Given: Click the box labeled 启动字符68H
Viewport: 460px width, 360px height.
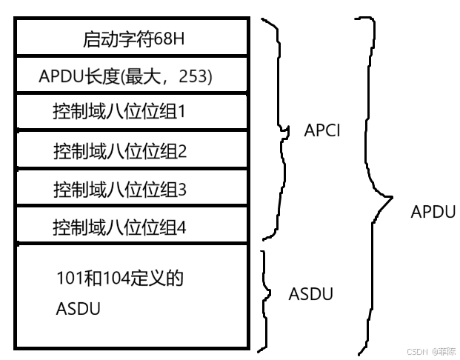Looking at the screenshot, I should coord(131,36).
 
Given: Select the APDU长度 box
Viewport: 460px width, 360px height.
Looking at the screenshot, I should coord(131,75).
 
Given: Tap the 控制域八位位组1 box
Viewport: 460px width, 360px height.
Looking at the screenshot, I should coord(131,113).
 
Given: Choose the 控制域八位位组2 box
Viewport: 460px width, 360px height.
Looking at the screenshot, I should coord(131,151).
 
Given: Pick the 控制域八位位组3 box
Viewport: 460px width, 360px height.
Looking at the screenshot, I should coord(131,189).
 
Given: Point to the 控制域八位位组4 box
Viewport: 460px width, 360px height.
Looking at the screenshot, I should coord(131,225).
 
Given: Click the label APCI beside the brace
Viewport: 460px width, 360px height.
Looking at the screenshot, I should coord(321,130).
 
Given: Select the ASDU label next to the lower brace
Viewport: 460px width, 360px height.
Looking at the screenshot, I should coord(310,293).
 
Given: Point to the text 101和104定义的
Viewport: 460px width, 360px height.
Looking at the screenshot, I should coord(119,279).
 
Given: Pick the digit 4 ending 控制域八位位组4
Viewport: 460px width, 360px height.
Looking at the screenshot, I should coord(181,227).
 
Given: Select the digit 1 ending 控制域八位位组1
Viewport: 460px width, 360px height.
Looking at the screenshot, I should coord(181,113).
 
